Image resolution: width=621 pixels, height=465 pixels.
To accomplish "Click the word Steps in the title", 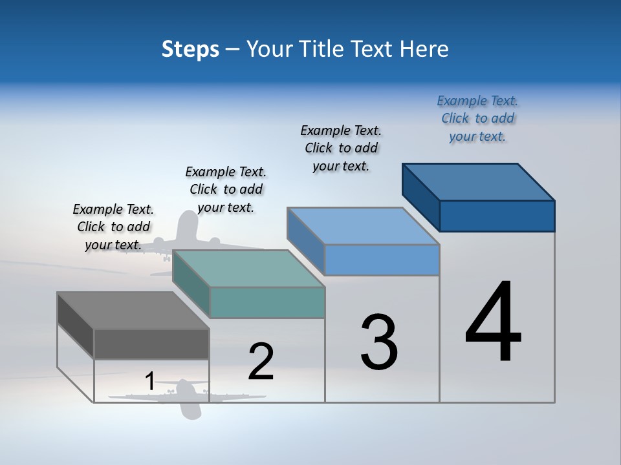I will (190, 49).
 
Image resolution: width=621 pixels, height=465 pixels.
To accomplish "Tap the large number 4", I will (493, 323).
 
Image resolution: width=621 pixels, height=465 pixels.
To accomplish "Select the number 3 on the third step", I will (379, 342).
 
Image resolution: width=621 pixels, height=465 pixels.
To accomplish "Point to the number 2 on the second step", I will (261, 362).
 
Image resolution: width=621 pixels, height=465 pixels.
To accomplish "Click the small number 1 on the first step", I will (149, 382).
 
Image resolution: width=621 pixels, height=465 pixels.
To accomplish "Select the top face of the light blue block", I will (363, 226).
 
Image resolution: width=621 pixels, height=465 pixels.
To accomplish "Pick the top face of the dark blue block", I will (479, 182).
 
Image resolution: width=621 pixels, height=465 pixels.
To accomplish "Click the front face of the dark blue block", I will (497, 216).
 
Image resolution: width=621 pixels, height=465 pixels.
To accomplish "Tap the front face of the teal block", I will (267, 302).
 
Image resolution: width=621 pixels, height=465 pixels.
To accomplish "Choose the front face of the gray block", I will (151, 344).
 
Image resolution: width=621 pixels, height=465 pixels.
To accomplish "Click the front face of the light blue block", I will (382, 260).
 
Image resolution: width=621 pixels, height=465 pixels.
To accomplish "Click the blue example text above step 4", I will (477, 119).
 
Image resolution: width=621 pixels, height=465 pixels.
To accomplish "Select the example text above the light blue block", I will (341, 148).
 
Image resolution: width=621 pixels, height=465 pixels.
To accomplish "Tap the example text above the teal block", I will (226, 189).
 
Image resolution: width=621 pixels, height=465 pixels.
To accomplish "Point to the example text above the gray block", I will (113, 227).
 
